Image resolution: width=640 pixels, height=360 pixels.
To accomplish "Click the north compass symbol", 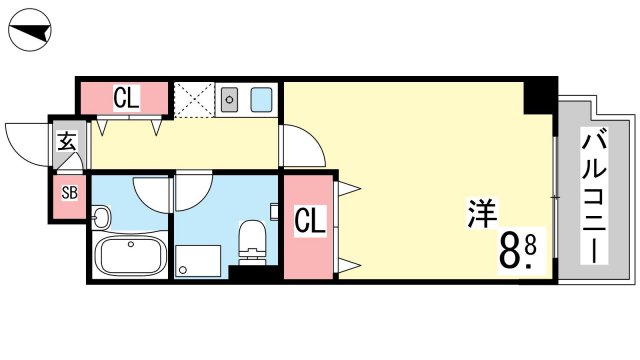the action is (x=30, y=31).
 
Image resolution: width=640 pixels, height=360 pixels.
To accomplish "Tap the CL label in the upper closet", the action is (x=127, y=98).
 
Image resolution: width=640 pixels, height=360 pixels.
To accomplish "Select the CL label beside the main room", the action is (x=310, y=220).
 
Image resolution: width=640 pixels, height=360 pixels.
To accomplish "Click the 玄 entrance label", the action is (x=67, y=141).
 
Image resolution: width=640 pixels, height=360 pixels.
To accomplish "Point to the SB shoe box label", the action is (x=69, y=193).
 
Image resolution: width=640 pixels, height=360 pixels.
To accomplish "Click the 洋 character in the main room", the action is (x=482, y=213).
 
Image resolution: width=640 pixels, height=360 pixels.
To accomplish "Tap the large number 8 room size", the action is (x=509, y=251).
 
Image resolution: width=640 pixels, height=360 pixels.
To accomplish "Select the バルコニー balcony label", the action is (x=594, y=197).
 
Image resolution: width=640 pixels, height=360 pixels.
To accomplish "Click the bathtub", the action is (x=130, y=256).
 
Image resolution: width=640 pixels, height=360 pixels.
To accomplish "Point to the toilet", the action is (x=252, y=242).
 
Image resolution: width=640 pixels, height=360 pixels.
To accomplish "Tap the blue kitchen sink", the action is (x=261, y=100).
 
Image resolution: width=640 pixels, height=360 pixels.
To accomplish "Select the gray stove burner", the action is (x=229, y=100).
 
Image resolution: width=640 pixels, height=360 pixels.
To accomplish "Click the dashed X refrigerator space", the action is (x=194, y=100).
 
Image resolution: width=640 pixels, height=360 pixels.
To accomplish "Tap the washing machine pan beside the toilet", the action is (x=198, y=261).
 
